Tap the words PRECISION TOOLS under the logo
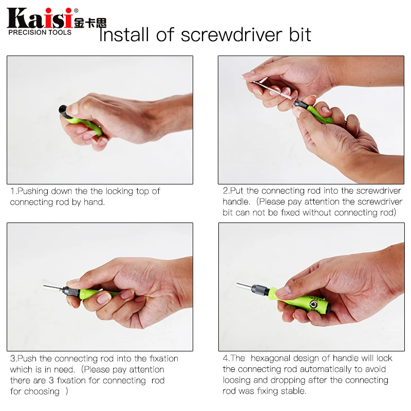40,32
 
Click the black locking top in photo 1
63,109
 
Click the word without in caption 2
319,213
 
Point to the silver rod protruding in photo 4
247,284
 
